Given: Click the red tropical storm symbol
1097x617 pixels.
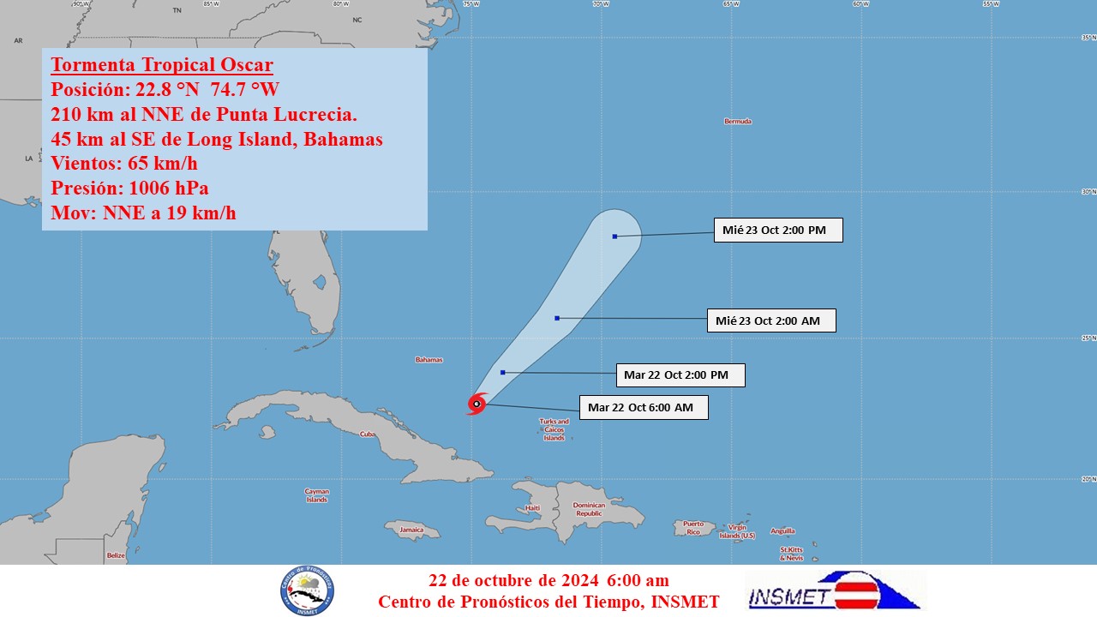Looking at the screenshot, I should coord(477,404).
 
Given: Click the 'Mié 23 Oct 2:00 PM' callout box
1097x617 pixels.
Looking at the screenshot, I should coord(777,230).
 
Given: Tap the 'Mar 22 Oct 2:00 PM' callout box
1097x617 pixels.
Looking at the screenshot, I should coord(680,374).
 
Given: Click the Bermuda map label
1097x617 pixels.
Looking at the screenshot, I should coord(737,122).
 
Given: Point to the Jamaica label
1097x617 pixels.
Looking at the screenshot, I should coord(411,530).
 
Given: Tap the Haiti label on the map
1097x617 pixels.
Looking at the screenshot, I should coord(532,508).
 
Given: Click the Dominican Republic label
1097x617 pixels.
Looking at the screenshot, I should coord(589,509).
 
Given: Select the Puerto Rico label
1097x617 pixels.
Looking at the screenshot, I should coord(692,528).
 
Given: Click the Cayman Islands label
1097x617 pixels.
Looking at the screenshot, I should coord(317,495).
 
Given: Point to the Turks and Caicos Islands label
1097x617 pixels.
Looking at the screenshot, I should coord(554,429).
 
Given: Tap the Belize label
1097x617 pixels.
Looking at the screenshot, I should coord(116,555).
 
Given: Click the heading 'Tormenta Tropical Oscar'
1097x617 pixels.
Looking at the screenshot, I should coord(162,65).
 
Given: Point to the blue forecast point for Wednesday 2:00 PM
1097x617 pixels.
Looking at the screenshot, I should coord(614,237).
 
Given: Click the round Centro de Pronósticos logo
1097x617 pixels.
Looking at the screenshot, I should coord(307,591).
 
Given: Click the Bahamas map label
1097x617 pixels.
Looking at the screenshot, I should coord(429,360).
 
